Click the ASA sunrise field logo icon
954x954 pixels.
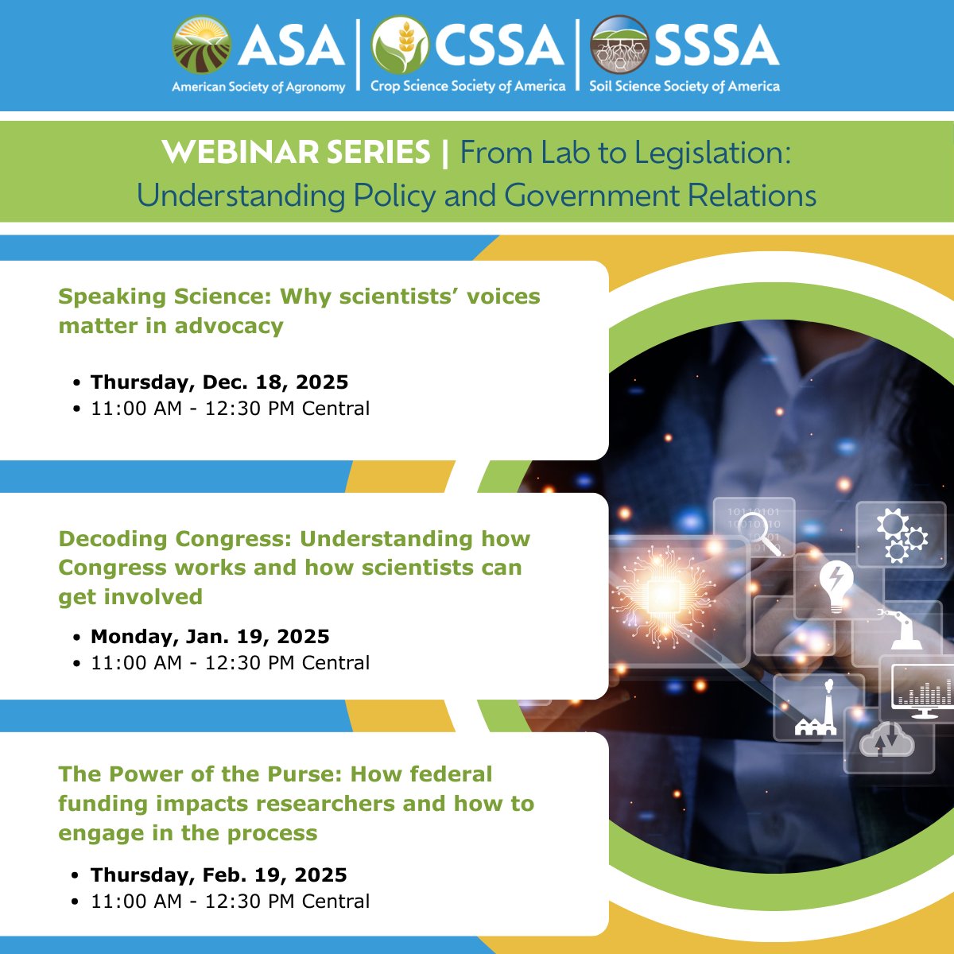202,45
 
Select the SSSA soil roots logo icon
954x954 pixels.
619,45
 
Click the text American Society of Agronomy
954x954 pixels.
258,87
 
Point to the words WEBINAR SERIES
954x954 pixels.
296,153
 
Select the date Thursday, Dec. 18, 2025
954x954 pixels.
219,382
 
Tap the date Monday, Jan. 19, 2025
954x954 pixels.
210,637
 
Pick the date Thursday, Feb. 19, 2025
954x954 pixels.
219,875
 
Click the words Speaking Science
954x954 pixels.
165,297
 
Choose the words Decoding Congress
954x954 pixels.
175,539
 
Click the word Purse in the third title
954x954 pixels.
302,774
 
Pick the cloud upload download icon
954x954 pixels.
886,743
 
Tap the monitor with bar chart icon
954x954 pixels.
923,691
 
